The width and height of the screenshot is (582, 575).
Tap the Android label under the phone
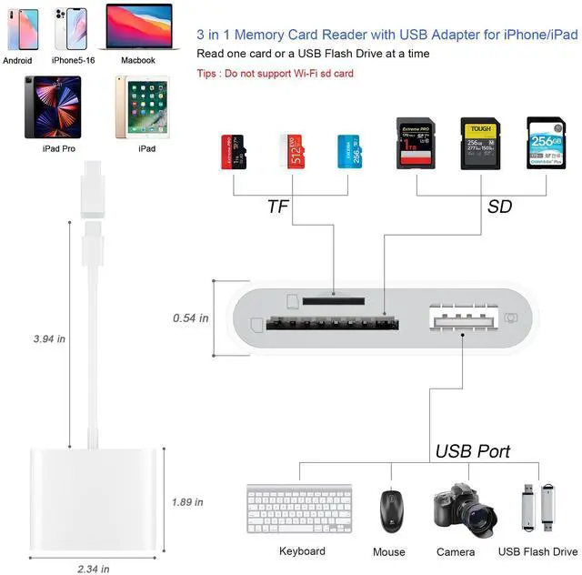(x=18, y=60)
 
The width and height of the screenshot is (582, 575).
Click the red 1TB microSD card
(x=233, y=151)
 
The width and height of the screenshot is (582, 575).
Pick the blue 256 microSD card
(x=346, y=151)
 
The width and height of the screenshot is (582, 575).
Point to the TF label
(x=278, y=207)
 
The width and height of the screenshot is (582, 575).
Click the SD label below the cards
(x=499, y=207)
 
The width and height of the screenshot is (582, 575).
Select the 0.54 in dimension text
(x=191, y=318)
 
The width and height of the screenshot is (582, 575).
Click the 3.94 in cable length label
(x=48, y=338)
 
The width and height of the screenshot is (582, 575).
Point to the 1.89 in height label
(x=188, y=501)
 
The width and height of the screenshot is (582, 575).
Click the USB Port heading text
(x=472, y=450)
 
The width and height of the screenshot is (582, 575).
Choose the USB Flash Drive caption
(x=537, y=551)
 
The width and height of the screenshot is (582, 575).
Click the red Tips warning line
(x=275, y=73)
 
